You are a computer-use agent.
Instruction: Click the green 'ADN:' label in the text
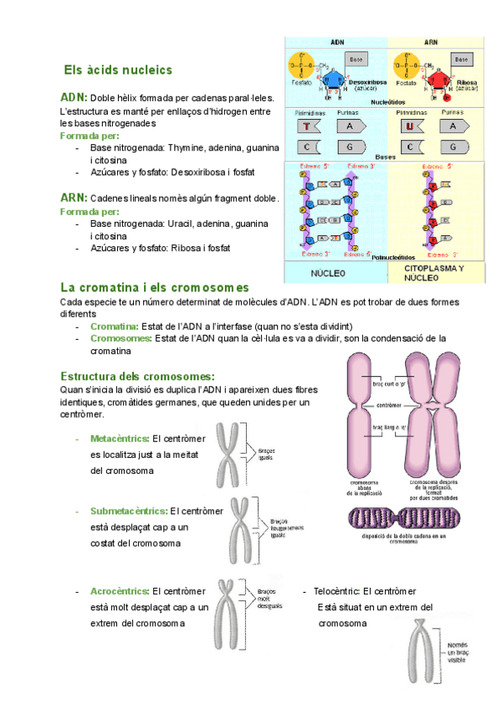pos(74,97)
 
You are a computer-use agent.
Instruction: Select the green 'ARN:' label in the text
pos(74,198)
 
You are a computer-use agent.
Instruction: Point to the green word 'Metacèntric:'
pos(120,439)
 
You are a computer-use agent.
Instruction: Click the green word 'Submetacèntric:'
pos(128,511)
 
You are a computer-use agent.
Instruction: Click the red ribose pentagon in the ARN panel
pos(437,80)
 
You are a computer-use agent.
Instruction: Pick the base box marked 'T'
pos(307,126)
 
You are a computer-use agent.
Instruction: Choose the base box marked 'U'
pos(410,126)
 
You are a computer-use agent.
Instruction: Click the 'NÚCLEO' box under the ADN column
pos(328,273)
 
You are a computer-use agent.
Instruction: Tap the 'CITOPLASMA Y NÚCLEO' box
pos(433,273)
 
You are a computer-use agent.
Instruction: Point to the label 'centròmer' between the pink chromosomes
pos(388,405)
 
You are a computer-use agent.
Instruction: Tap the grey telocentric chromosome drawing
pos(423,655)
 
